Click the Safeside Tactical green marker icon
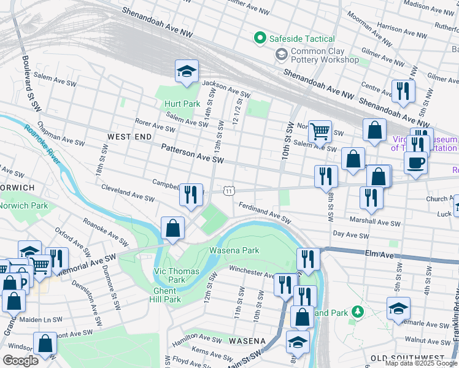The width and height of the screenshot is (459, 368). pyautogui.click(x=260, y=39)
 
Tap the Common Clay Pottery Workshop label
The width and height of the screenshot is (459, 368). pyautogui.click(x=325, y=56)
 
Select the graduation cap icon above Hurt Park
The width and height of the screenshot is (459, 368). pyautogui.click(x=187, y=72)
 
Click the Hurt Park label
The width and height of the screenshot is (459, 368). pyautogui.click(x=182, y=104)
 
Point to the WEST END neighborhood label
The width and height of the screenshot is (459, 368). pyautogui.click(x=129, y=136)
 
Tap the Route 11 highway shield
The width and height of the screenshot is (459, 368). pyautogui.click(x=229, y=191)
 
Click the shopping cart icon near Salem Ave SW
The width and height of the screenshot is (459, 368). pyautogui.click(x=320, y=131)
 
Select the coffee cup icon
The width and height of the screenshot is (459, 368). pyautogui.click(x=416, y=163)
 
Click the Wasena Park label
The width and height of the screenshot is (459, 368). pyautogui.click(x=234, y=250)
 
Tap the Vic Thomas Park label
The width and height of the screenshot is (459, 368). pyautogui.click(x=176, y=275)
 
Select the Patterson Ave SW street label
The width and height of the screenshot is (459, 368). pyautogui.click(x=192, y=153)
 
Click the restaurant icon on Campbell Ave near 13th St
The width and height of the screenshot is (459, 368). pyautogui.click(x=191, y=195)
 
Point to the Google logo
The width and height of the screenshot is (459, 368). pyautogui.click(x=21, y=361)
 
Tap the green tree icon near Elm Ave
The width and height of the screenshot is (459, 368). pyautogui.click(x=357, y=312)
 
